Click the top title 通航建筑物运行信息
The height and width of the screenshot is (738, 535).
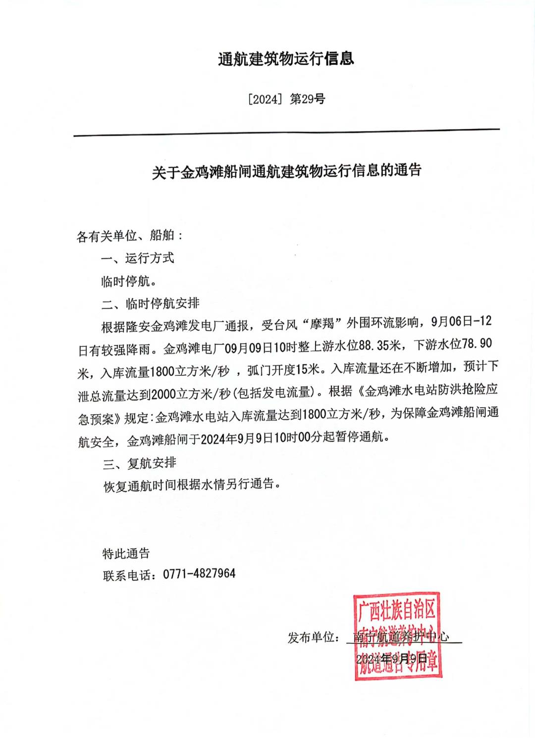click(x=286, y=59)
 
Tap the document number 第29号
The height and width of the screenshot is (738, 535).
click(x=307, y=99)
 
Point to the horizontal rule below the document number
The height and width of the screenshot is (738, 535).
click(x=286, y=133)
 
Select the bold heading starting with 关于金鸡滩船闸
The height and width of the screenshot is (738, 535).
click(x=286, y=171)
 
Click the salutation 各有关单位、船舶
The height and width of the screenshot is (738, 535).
click(x=130, y=236)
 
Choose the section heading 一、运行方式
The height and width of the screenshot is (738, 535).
click(x=137, y=258)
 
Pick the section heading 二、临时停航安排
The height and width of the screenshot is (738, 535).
click(x=150, y=303)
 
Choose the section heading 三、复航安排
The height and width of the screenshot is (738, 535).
click(x=139, y=463)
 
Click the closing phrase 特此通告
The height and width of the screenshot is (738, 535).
click(x=126, y=553)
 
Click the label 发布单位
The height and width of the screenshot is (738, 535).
click(x=312, y=637)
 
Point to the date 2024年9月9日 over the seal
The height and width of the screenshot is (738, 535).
click(x=391, y=658)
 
